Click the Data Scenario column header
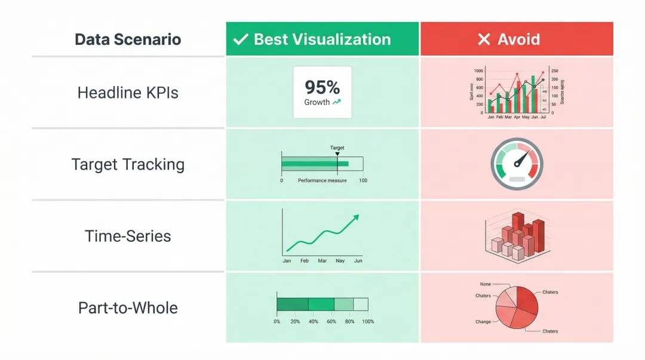click(128, 40)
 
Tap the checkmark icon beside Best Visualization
click(240, 40)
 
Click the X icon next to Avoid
click(484, 40)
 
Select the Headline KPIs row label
click(128, 93)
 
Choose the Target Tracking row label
click(128, 165)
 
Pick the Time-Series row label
click(128, 236)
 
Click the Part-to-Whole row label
click(128, 308)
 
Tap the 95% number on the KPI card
click(322, 88)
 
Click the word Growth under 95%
click(317, 102)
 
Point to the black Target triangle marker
click(337, 154)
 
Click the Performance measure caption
click(322, 180)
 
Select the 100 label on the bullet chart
click(363, 180)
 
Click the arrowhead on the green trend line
click(357, 217)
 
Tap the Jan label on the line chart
click(287, 261)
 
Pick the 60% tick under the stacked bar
click(331, 322)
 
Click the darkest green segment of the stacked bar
click(293, 304)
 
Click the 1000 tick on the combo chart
click(478, 70)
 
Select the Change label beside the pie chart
click(483, 322)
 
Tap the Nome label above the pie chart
click(486, 284)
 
